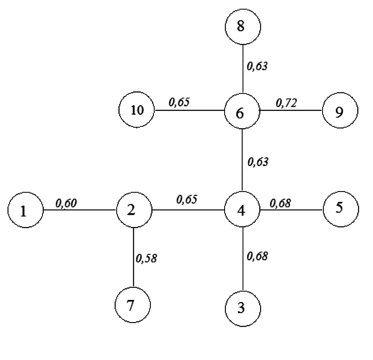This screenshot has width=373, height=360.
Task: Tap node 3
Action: click(x=243, y=309)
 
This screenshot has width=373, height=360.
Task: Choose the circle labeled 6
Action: click(x=242, y=112)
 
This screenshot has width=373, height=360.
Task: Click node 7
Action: click(x=133, y=305)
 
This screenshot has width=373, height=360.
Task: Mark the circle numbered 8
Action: click(x=243, y=27)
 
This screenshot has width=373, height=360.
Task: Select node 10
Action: click(x=137, y=111)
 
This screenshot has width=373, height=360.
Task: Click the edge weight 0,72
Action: click(x=287, y=103)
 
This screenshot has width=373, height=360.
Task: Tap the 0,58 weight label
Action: click(x=147, y=259)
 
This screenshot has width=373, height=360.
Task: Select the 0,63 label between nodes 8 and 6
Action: click(x=257, y=66)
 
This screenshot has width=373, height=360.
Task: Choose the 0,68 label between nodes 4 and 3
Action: click(x=258, y=256)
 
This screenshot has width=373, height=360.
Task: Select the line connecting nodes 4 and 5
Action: click(x=291, y=209)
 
